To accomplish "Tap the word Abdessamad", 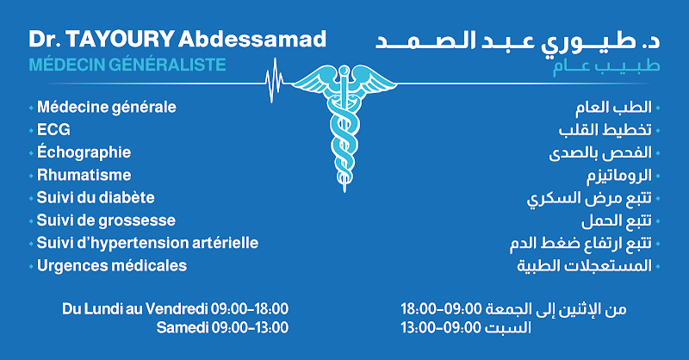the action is pyautogui.click(x=252, y=39).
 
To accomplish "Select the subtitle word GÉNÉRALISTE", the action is pyautogui.click(x=167, y=65).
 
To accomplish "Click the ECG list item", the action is pyautogui.click(x=53, y=130).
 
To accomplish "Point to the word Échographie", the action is pyautogui.click(x=84, y=152).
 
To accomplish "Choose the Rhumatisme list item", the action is pyautogui.click(x=84, y=175).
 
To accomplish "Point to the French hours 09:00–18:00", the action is pyautogui.click(x=250, y=309).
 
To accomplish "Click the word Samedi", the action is pyautogui.click(x=183, y=327).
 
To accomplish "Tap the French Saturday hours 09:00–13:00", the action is pyautogui.click(x=250, y=327).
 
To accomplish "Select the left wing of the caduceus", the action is pyautogui.click(x=314, y=81).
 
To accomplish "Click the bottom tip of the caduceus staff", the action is pyautogui.click(x=344, y=192).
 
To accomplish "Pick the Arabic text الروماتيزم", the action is pyautogui.click(x=619, y=176).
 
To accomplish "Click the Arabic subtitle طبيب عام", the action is pyautogui.click(x=606, y=67).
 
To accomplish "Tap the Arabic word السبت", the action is pyautogui.click(x=507, y=327).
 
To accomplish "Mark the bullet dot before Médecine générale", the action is pyautogui.click(x=31, y=108).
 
